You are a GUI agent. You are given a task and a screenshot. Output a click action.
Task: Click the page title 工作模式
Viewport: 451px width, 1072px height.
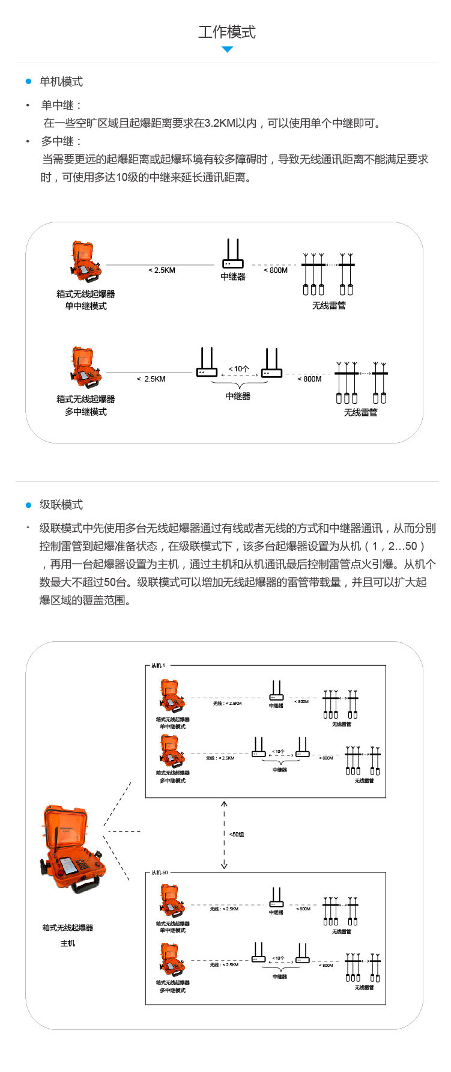click(x=227, y=32)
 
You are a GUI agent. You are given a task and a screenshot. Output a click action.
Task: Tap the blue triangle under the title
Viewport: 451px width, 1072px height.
click(x=227, y=49)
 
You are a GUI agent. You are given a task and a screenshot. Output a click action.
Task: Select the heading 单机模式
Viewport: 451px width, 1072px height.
click(x=61, y=82)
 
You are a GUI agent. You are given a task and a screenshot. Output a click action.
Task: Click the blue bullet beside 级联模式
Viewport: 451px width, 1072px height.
click(x=28, y=505)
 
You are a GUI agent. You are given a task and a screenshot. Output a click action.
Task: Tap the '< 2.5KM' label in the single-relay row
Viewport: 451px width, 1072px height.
click(x=162, y=270)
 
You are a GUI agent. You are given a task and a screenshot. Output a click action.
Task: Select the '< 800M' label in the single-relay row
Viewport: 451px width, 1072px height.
click(x=276, y=270)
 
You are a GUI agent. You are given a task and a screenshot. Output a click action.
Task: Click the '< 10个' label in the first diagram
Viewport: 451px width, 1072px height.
click(x=238, y=368)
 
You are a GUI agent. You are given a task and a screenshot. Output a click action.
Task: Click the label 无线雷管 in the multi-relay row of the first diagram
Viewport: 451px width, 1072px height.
click(x=360, y=412)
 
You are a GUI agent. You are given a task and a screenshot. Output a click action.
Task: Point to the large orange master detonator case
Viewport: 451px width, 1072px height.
click(x=72, y=850)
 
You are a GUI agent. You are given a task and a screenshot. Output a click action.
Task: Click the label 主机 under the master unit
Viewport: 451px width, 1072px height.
click(x=68, y=943)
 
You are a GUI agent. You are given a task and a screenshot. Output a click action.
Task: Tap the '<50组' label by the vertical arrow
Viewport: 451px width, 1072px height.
click(x=237, y=835)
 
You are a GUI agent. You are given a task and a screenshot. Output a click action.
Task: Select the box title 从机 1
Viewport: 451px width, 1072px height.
click(x=158, y=666)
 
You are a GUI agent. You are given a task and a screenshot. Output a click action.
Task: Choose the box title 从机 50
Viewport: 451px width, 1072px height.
click(x=160, y=873)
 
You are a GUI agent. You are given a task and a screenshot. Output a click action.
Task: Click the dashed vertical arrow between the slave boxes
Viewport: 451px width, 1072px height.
click(x=224, y=835)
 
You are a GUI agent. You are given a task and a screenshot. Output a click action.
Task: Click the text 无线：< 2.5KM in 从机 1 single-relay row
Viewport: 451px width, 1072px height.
click(x=227, y=703)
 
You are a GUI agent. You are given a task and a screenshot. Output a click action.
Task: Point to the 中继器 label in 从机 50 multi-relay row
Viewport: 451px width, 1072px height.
click(x=280, y=976)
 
